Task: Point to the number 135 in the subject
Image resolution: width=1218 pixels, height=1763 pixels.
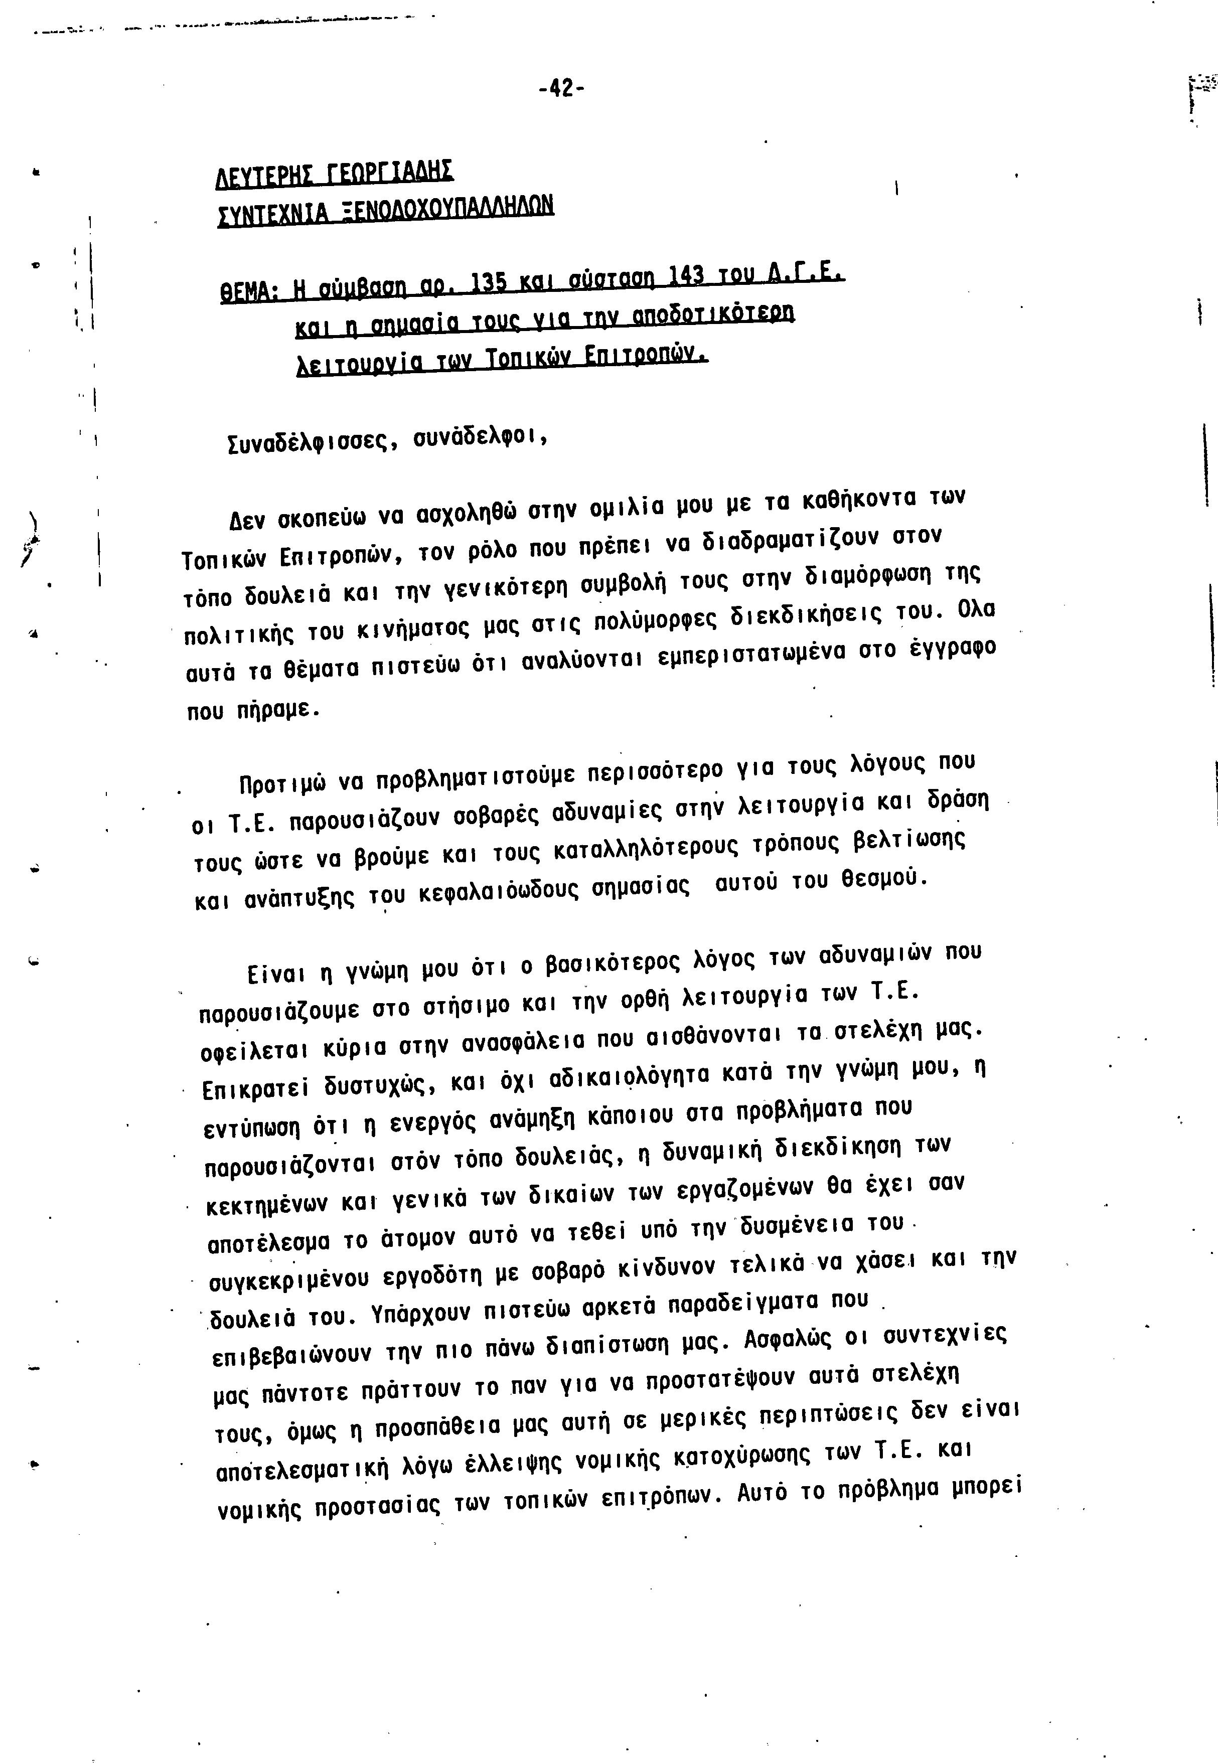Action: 486,284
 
